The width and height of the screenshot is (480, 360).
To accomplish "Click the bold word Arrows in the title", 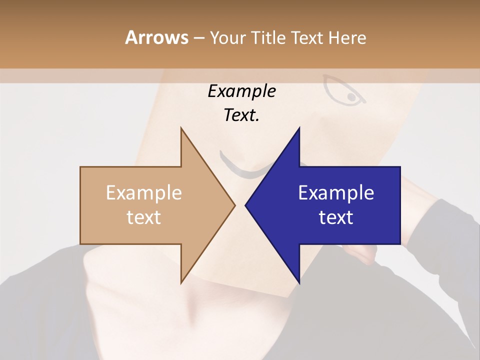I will (x=157, y=37).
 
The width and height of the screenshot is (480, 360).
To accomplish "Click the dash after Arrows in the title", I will (x=198, y=38).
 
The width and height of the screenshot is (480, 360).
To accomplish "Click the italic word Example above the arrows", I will (x=241, y=91).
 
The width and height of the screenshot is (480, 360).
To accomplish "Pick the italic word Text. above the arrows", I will (x=241, y=115).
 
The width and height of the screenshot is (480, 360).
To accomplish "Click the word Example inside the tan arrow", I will (x=144, y=193).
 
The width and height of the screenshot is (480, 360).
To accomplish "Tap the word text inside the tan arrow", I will (x=144, y=217).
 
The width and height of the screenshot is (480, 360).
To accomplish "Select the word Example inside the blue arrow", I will (x=336, y=193).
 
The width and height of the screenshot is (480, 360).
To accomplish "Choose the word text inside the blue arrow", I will (x=336, y=217).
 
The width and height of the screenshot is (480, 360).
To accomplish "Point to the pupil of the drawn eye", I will (x=352, y=96).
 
